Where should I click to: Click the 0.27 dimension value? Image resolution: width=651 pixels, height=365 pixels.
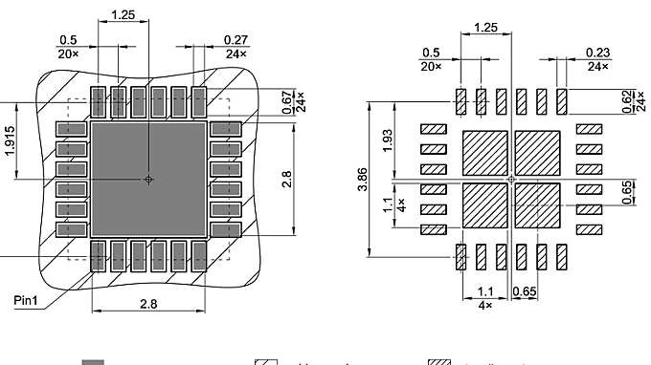point(236,39)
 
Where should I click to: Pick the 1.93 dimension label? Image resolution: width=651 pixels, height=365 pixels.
point(387,140)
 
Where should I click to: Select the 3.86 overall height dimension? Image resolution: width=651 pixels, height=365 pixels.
point(361,178)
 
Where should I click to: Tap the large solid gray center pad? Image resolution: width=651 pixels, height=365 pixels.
point(148,179)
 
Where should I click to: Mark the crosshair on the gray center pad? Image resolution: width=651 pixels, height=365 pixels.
point(148,179)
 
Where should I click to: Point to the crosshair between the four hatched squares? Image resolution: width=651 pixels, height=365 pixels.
point(512,179)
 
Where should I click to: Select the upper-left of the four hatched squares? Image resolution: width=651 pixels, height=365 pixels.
point(485,152)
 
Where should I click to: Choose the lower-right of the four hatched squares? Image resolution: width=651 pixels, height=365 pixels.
point(538,205)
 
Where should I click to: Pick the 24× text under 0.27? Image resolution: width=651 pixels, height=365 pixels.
point(236,54)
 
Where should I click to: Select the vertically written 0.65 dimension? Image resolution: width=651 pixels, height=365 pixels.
point(627,191)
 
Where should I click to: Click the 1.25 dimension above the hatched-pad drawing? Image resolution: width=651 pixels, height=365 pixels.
point(486,29)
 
